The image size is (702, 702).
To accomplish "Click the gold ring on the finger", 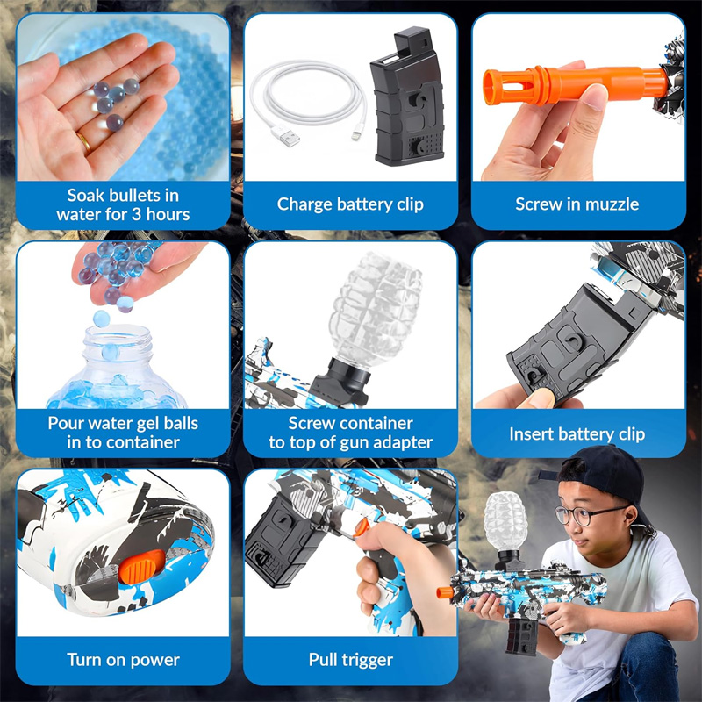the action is pos(83,142).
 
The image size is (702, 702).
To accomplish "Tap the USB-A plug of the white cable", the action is pos(285,135).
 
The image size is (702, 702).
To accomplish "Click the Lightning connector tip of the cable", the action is pos(356,134).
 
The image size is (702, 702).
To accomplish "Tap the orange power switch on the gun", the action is pos(141,566).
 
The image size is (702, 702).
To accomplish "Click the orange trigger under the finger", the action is pos(361,527).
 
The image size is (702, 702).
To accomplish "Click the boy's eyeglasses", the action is pos(586,515).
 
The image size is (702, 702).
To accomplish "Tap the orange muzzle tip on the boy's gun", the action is pos(445,592).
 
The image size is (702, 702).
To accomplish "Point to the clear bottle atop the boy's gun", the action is pos(505,521).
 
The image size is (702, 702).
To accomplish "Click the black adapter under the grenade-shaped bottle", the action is pos(341,382).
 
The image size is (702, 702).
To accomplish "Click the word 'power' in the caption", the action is pos(155,661).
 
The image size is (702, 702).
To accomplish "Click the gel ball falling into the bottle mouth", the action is pos(101,319).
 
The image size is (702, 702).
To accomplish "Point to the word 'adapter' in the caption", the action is pos(403,443).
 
